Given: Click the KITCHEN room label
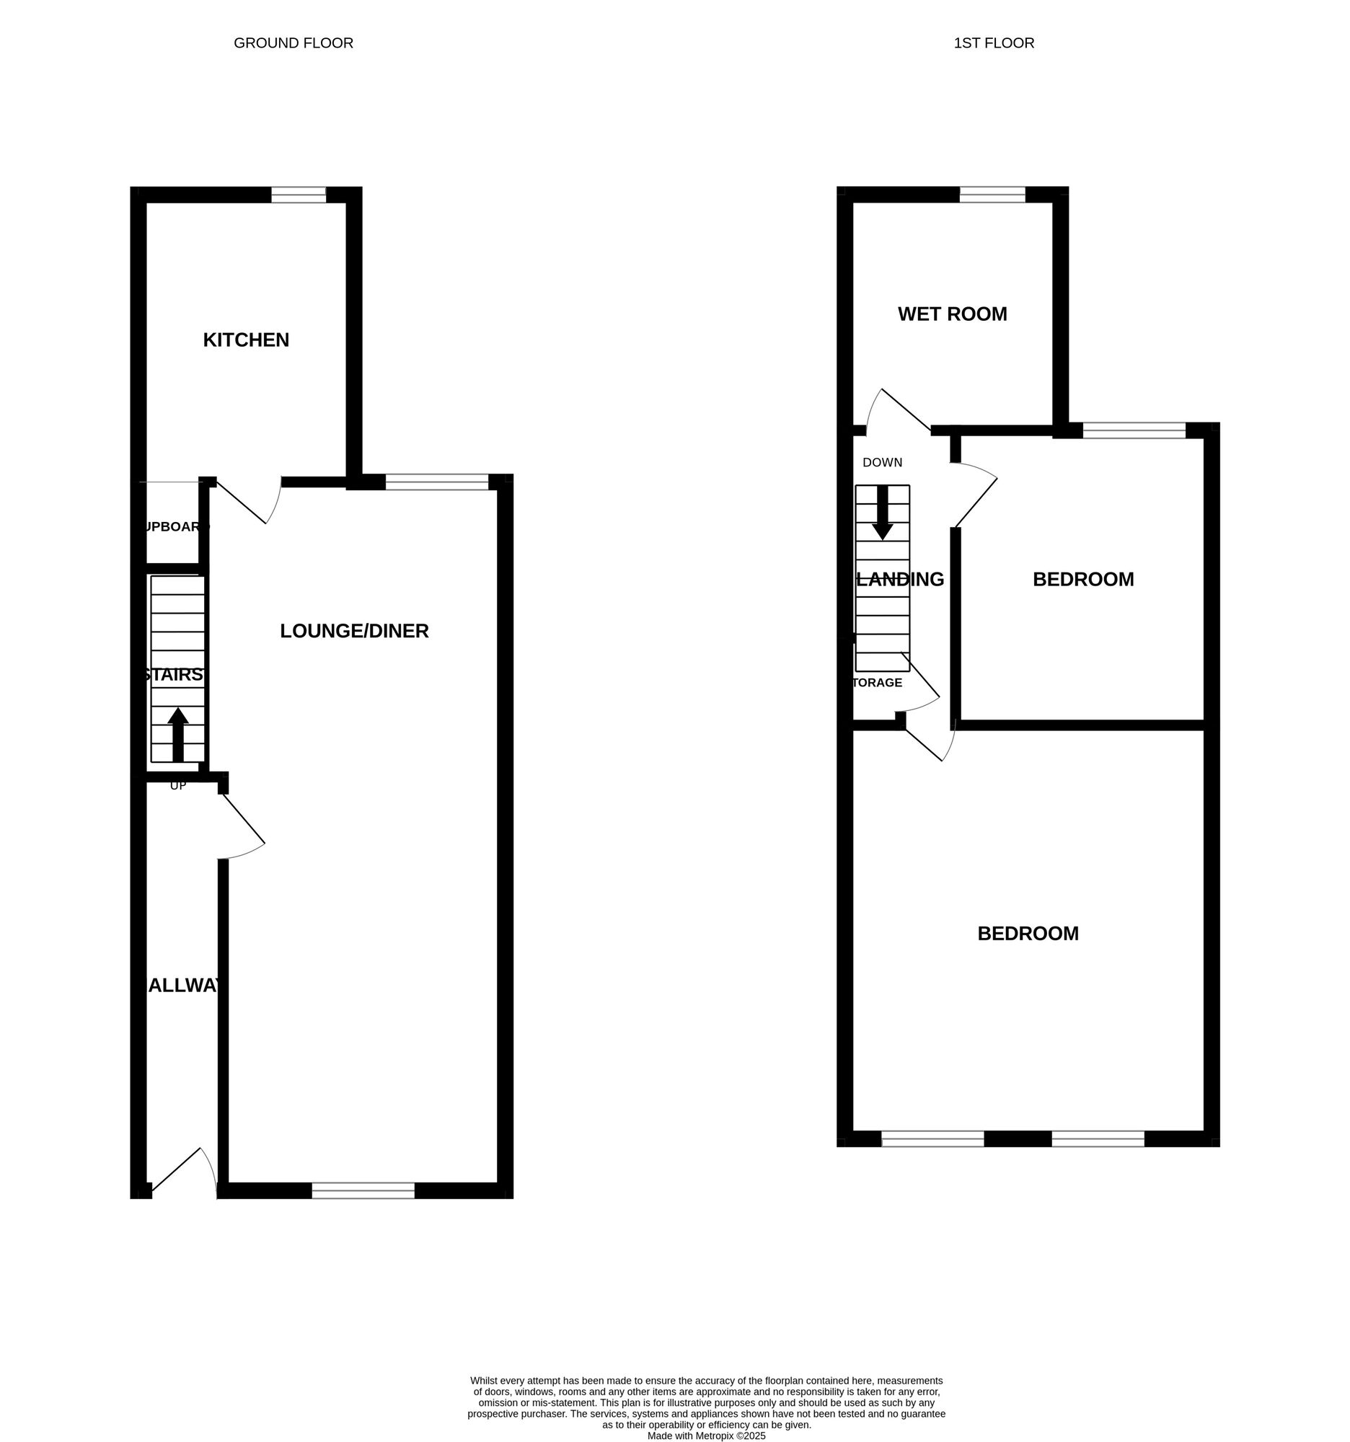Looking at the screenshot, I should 246,340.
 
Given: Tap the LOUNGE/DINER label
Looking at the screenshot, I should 354,631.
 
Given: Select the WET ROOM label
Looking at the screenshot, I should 952,314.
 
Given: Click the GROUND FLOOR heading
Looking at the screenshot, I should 293,43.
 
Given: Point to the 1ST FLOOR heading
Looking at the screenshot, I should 993,43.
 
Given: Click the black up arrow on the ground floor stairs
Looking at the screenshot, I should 177,733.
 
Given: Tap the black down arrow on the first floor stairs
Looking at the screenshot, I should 882,512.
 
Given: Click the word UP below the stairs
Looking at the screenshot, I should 177,786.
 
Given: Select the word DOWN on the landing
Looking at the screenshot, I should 882,462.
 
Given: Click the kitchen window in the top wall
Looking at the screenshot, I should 298,195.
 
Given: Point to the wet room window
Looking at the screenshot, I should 992,195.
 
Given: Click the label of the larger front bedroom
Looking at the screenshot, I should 1027,934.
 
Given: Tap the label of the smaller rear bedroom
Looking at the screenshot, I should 1082,580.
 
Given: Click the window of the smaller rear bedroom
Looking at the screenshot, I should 1134,430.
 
